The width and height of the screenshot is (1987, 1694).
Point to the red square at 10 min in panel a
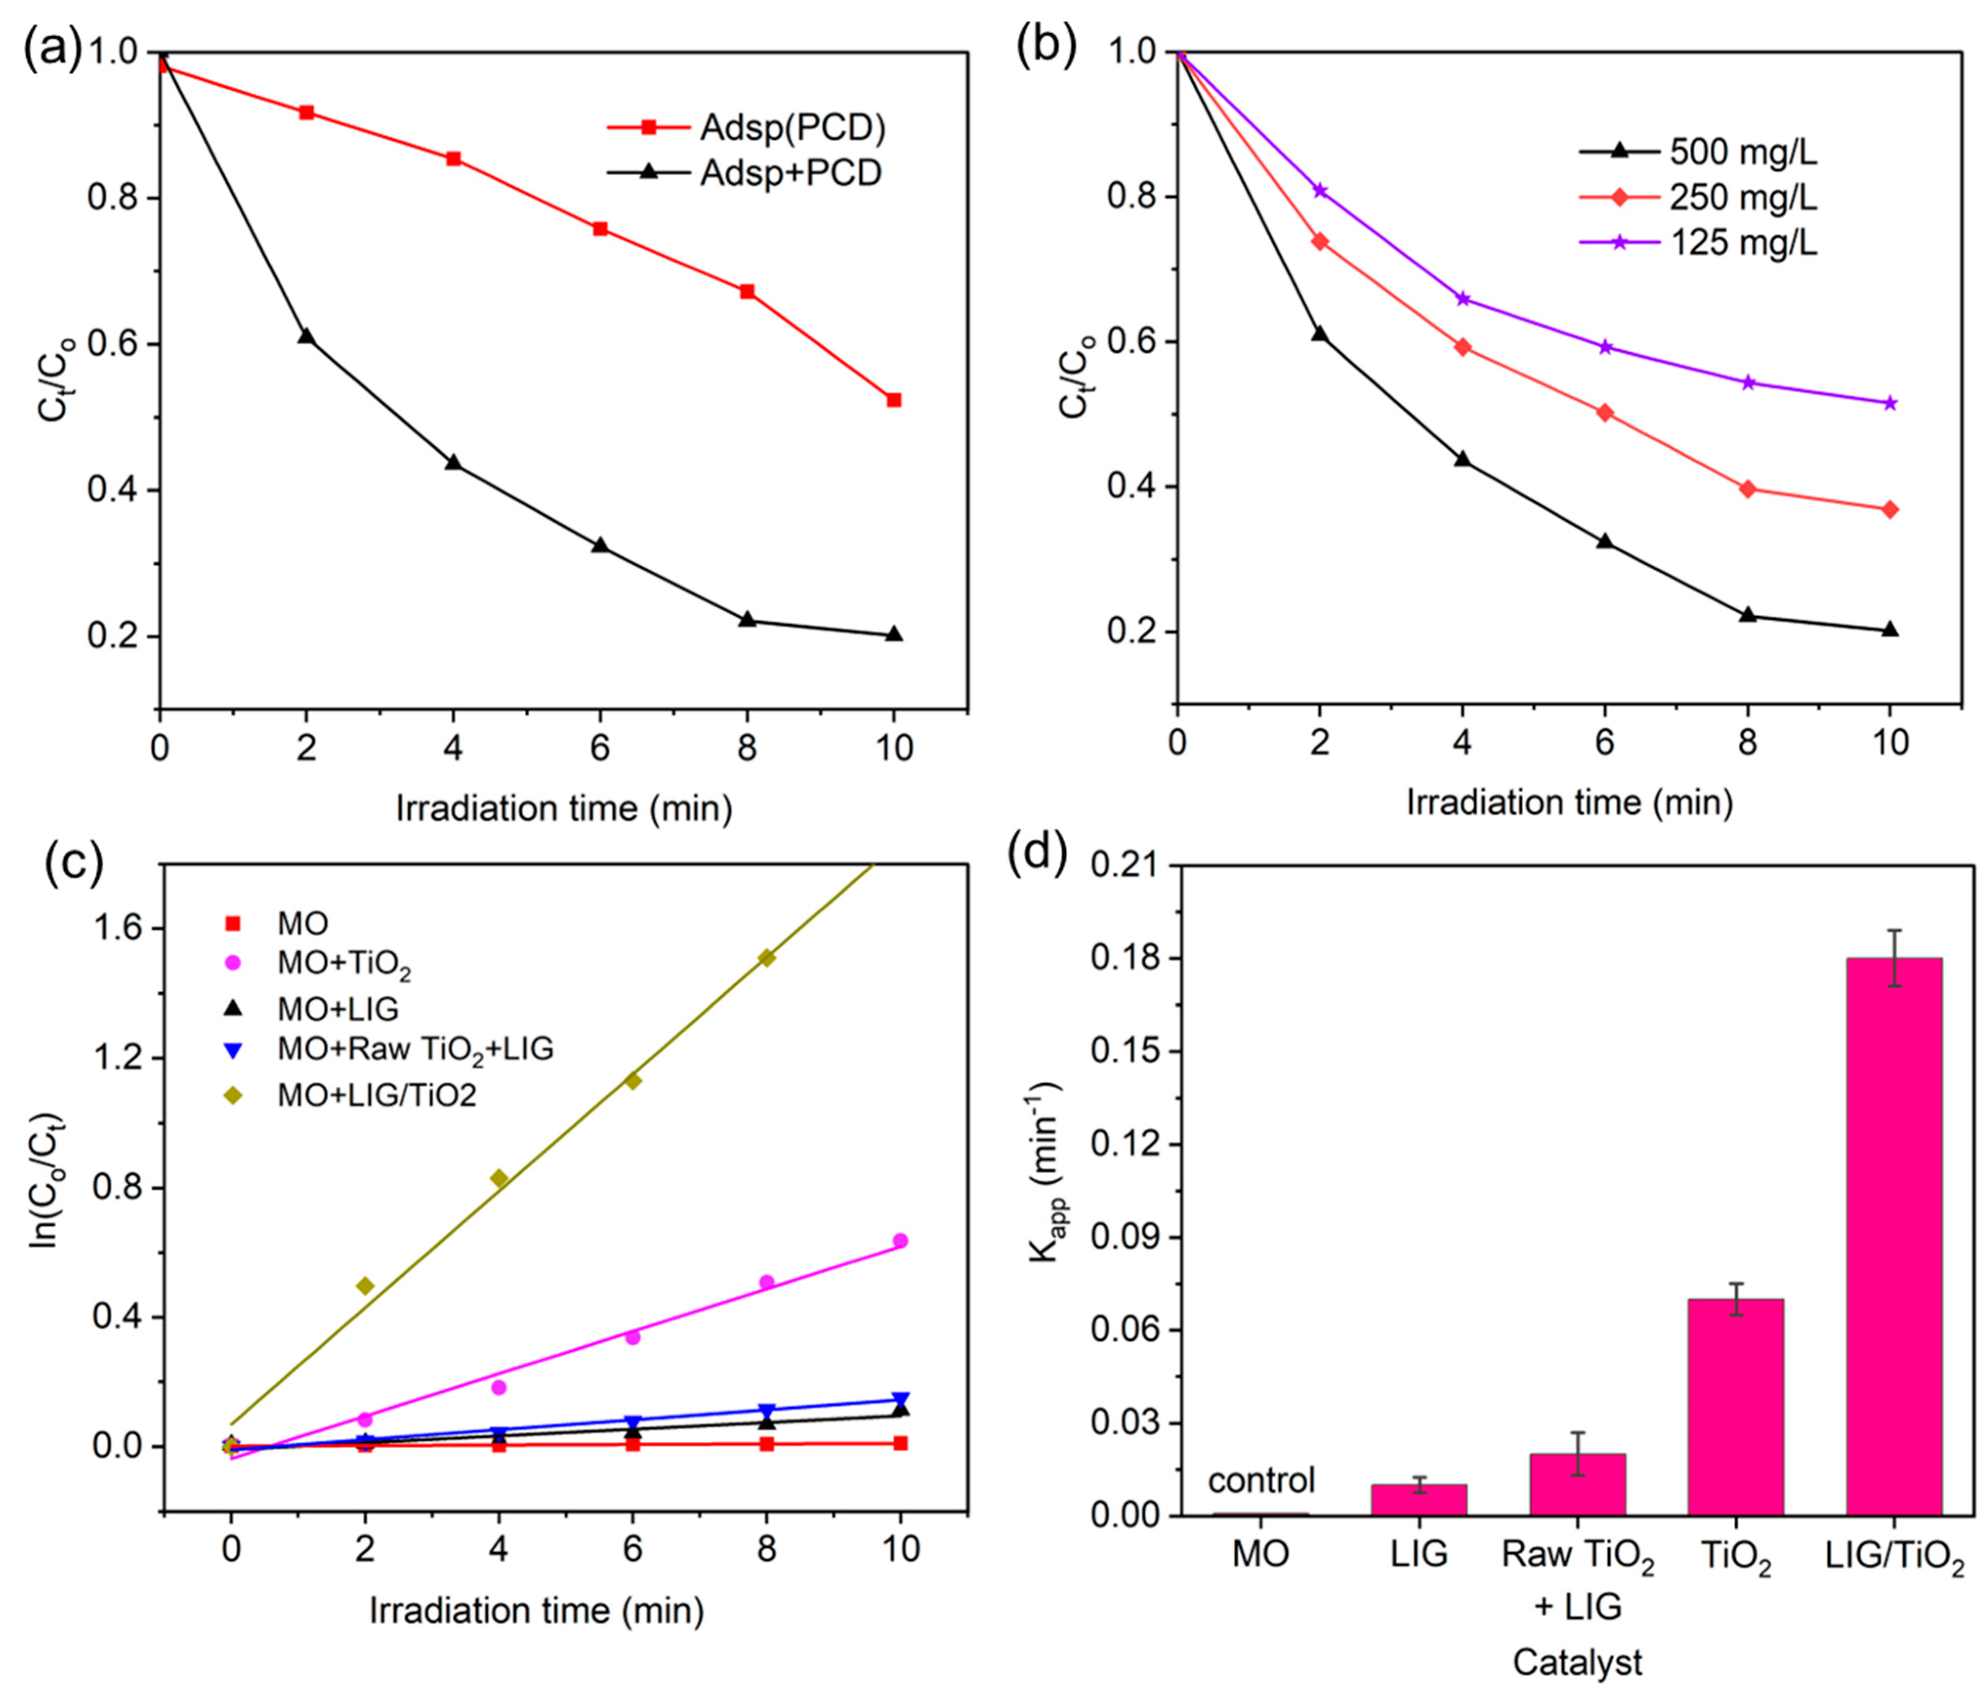894,400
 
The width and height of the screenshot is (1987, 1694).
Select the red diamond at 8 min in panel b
1747,489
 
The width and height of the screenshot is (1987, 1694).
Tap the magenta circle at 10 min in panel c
899,1240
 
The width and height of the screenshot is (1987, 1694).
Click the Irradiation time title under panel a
564,807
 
